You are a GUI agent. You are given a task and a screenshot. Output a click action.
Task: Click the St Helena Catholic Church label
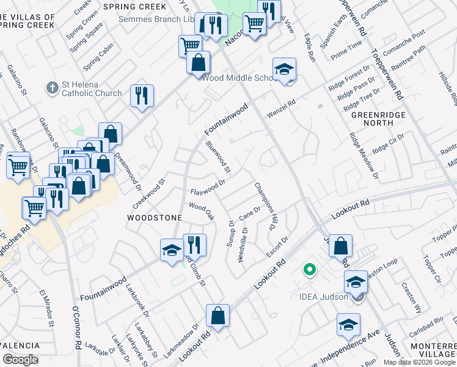coord(91,89)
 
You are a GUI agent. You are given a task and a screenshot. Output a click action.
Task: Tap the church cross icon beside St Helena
coord(52,89)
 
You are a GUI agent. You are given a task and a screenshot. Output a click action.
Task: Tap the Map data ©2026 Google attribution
coord(419,362)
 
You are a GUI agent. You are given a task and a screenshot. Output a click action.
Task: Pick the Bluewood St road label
coord(218,157)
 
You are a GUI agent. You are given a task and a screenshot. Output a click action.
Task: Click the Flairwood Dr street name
coord(208,186)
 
